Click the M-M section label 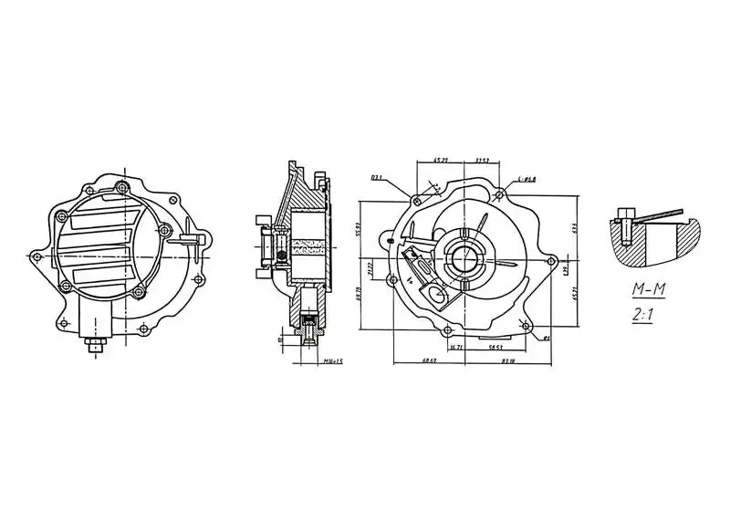point(650,290)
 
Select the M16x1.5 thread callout point(332,361)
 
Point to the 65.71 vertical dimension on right point(575,292)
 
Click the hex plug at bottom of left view point(94,345)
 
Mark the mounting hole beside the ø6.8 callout point(501,193)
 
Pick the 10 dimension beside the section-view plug point(279,339)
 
